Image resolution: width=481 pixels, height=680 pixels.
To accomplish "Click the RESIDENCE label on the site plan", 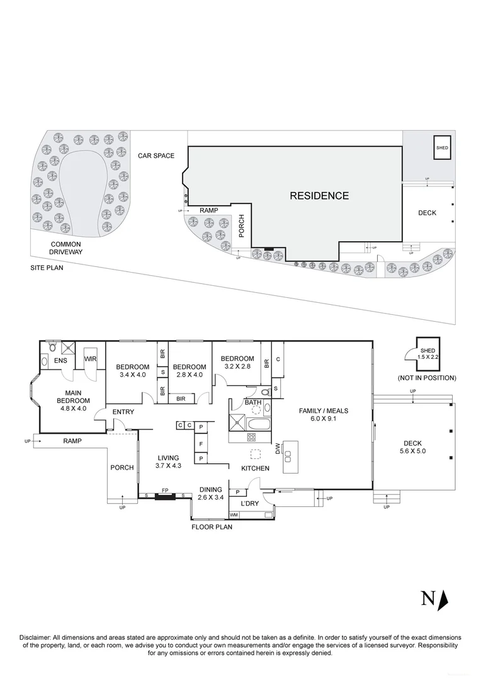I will pyautogui.click(x=319, y=196).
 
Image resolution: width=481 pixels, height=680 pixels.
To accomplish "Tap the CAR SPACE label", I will pyautogui.click(x=156, y=156).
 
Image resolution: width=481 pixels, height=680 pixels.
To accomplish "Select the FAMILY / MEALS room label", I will pyautogui.click(x=323, y=415).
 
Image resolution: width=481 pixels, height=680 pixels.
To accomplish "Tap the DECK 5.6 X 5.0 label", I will pyautogui.click(x=413, y=447).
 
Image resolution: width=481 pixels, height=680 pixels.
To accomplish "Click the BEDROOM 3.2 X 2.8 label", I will pyautogui.click(x=237, y=363).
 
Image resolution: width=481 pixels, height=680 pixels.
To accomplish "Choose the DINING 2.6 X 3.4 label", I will pyautogui.click(x=211, y=493).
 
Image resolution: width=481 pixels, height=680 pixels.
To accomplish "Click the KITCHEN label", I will pyautogui.click(x=255, y=468).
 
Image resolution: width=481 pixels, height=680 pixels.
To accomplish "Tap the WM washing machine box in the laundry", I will pyautogui.click(x=234, y=515).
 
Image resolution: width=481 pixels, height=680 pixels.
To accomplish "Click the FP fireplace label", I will pyautogui.click(x=164, y=489).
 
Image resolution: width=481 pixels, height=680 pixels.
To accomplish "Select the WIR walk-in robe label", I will pyautogui.click(x=90, y=359).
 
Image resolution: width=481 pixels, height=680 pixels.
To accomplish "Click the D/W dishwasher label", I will pyautogui.click(x=277, y=448).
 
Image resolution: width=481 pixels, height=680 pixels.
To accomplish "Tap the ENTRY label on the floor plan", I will pyautogui.click(x=123, y=412).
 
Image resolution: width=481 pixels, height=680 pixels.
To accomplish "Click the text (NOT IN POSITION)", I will pyautogui.click(x=426, y=378).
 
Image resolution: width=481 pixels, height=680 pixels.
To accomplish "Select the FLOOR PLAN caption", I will pyautogui.click(x=212, y=527).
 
